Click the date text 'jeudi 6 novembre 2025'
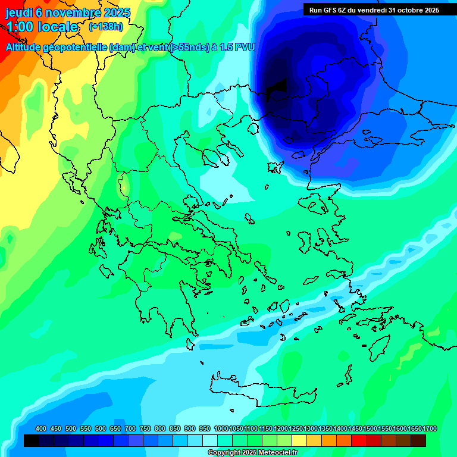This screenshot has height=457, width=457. point(68,12)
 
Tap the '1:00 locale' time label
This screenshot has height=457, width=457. point(42,27)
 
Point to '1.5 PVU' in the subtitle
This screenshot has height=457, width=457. point(237,47)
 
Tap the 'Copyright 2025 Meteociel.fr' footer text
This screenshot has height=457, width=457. point(253,453)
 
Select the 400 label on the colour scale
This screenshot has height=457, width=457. point(41,429)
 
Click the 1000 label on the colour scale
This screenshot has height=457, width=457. point(221,429)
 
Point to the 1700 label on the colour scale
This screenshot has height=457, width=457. point(430,429)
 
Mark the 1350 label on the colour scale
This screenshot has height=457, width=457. point(325,429)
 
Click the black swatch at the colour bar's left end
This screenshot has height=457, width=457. point(32,440)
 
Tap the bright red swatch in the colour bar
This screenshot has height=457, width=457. point(359,440)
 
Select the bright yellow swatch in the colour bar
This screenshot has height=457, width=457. point(299,440)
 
